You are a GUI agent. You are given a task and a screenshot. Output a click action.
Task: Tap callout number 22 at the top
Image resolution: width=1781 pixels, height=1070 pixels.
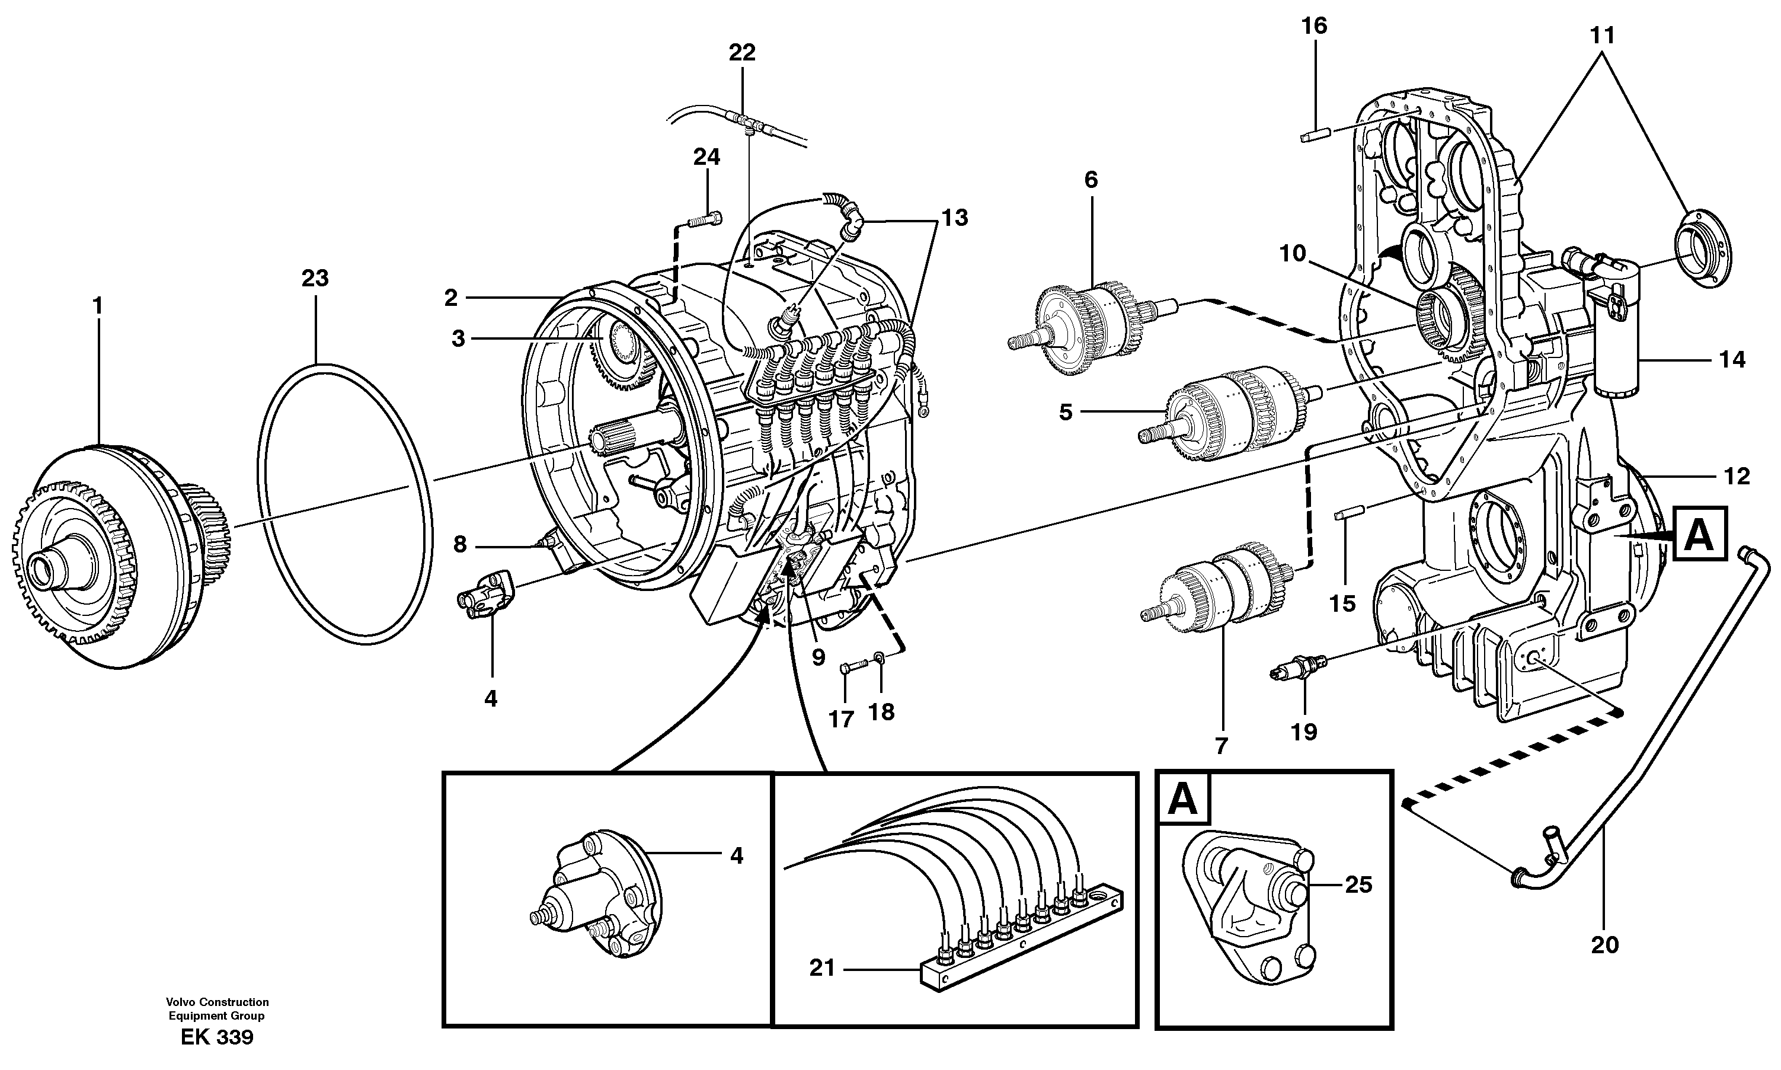pos(741,53)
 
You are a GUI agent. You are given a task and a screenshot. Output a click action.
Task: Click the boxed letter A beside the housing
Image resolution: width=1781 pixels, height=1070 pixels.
pos(1700,534)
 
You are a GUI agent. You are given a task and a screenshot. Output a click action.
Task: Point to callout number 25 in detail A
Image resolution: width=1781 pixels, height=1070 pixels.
pos(1358,884)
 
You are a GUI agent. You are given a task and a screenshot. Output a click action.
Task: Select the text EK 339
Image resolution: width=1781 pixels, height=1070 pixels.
pos(217,1038)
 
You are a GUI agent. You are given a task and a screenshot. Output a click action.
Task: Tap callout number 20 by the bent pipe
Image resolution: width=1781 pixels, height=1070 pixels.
pos(1605,944)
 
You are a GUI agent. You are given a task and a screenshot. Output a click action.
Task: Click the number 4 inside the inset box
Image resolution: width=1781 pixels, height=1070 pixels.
pos(736,855)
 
